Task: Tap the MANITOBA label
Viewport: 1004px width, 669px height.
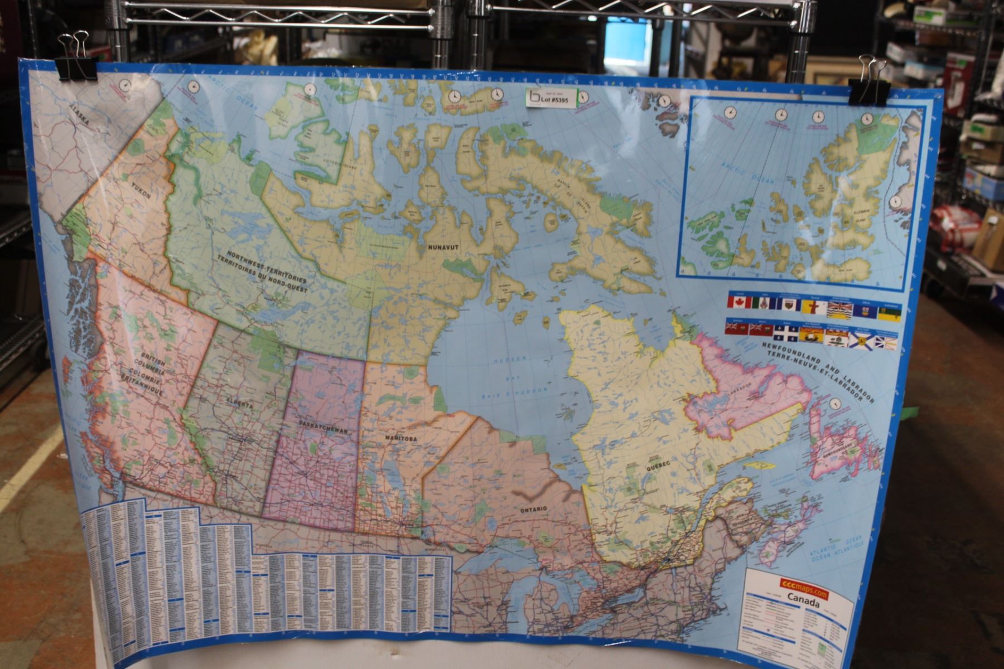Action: tap(400, 439)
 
